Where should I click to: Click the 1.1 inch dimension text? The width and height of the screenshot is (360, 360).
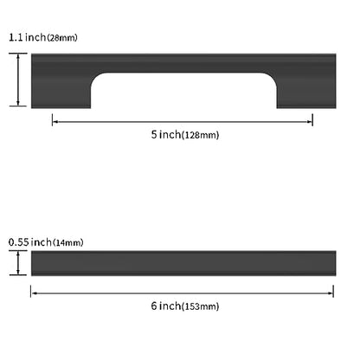coord(27,37)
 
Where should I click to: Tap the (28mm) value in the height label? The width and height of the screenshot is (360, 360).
coord(62,38)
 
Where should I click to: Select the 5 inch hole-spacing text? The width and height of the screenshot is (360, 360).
coord(166,134)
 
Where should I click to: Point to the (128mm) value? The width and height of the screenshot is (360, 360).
coord(201,135)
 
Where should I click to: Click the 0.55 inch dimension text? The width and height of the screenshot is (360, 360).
coord(30,242)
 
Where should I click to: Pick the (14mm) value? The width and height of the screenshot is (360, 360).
coord(68,242)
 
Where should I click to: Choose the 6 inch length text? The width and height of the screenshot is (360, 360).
coord(166,305)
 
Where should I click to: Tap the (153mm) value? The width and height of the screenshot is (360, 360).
coord(201,306)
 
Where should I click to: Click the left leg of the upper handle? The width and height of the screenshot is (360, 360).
coord(61,89)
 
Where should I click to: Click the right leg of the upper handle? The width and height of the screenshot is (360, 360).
coord(306,89)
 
